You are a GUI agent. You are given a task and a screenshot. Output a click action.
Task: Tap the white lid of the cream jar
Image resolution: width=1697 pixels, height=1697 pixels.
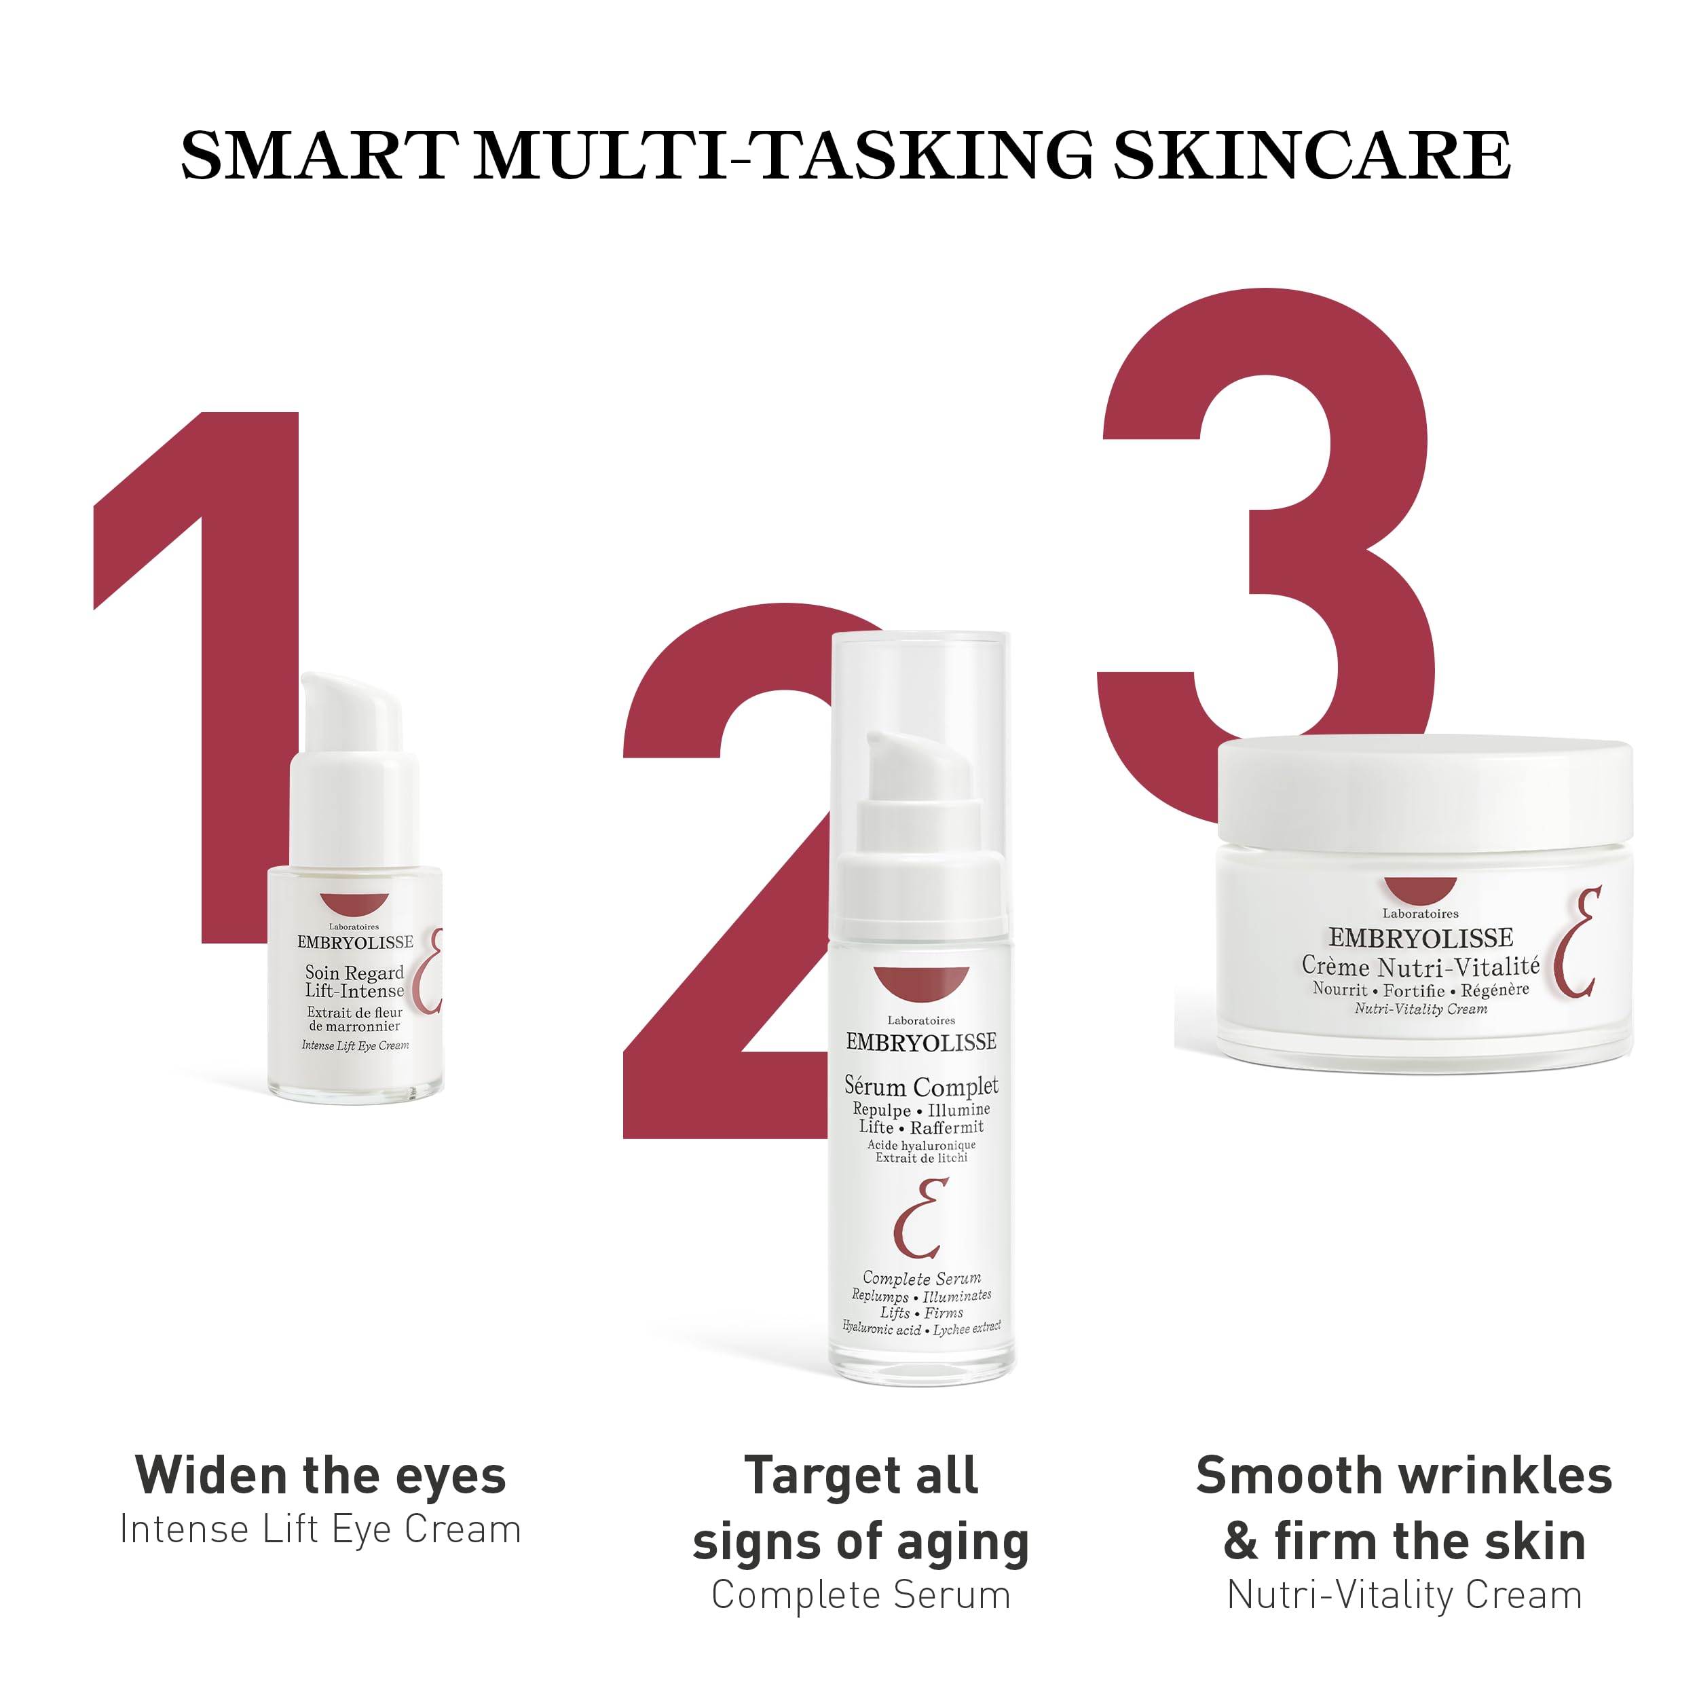point(1425,791)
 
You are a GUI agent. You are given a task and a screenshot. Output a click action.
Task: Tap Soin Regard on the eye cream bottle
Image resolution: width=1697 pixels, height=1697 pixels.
point(354,972)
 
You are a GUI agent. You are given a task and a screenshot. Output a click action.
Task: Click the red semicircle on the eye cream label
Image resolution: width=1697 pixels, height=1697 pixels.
point(354,904)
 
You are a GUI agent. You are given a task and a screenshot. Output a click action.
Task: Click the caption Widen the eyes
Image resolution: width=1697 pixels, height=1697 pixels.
point(320,1476)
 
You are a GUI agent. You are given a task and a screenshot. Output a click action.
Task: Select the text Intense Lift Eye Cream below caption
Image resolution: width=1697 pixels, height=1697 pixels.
point(320,1529)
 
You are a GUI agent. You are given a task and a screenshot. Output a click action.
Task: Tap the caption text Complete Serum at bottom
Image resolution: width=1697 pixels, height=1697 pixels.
point(861,1595)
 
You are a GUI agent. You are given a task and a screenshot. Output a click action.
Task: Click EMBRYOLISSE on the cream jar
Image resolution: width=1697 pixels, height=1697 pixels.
point(1420,938)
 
